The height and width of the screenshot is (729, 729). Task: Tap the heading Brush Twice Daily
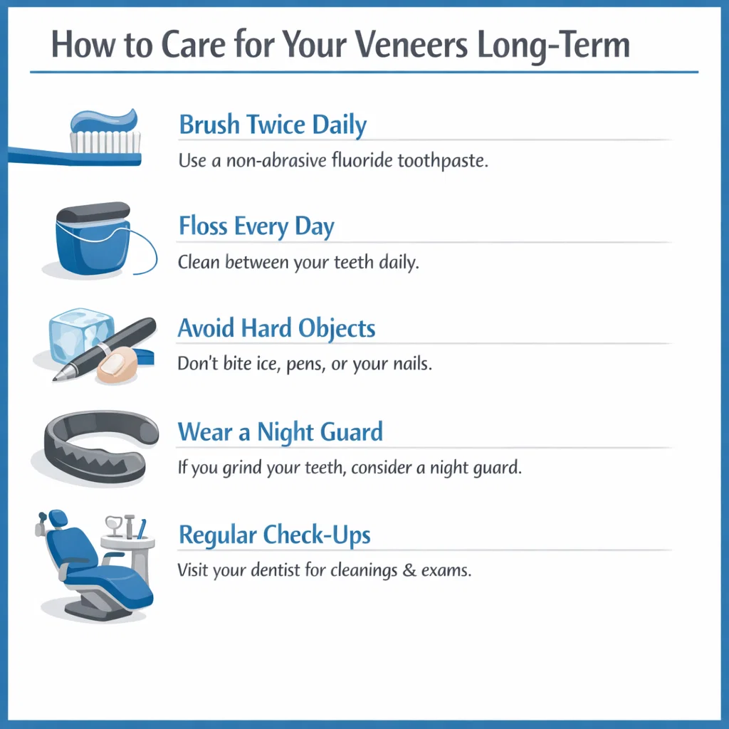(273, 125)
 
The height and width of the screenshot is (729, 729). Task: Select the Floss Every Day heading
(256, 227)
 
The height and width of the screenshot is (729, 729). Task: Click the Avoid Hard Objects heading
(276, 329)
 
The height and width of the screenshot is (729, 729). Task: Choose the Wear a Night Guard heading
(280, 432)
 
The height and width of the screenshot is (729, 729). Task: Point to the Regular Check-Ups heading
(274, 535)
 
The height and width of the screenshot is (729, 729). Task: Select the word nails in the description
(411, 364)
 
